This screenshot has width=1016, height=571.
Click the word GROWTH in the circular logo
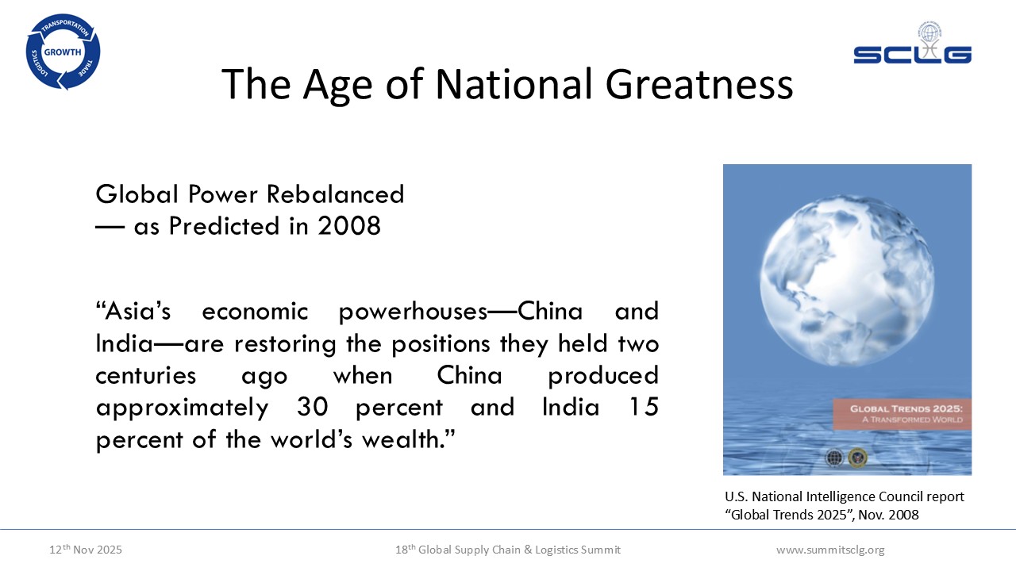[63, 52]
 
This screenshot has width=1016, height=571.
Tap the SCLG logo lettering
[912, 55]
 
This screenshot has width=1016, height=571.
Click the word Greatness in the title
[699, 84]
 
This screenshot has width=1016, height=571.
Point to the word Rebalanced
[335, 194]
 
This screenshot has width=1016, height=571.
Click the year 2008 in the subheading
[348, 226]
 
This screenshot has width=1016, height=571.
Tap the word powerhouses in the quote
[413, 312]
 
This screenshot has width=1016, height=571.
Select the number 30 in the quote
[312, 407]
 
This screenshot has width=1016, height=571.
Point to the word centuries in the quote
[145, 376]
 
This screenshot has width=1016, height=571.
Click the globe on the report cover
[847, 281]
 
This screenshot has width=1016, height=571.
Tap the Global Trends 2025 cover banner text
[906, 414]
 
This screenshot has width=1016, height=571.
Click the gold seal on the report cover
[857, 458]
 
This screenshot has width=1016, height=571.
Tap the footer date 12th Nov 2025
[85, 550]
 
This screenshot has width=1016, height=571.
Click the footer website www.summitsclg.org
[830, 550]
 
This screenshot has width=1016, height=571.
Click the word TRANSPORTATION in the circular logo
[65, 26]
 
